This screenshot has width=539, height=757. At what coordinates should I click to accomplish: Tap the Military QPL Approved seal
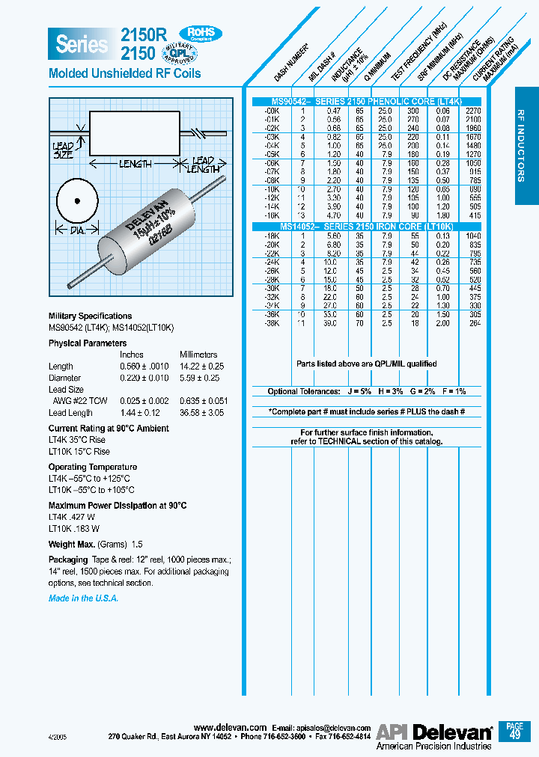click(x=200, y=52)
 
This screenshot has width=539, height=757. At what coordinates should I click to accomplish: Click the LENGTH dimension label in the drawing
click(x=135, y=163)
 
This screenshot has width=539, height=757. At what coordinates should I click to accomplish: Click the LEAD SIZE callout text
click(x=63, y=150)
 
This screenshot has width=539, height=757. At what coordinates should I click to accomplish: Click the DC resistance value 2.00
click(x=444, y=323)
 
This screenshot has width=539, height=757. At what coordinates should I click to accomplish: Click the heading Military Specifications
click(x=90, y=316)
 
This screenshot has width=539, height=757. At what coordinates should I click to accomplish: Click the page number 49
click(x=514, y=735)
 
